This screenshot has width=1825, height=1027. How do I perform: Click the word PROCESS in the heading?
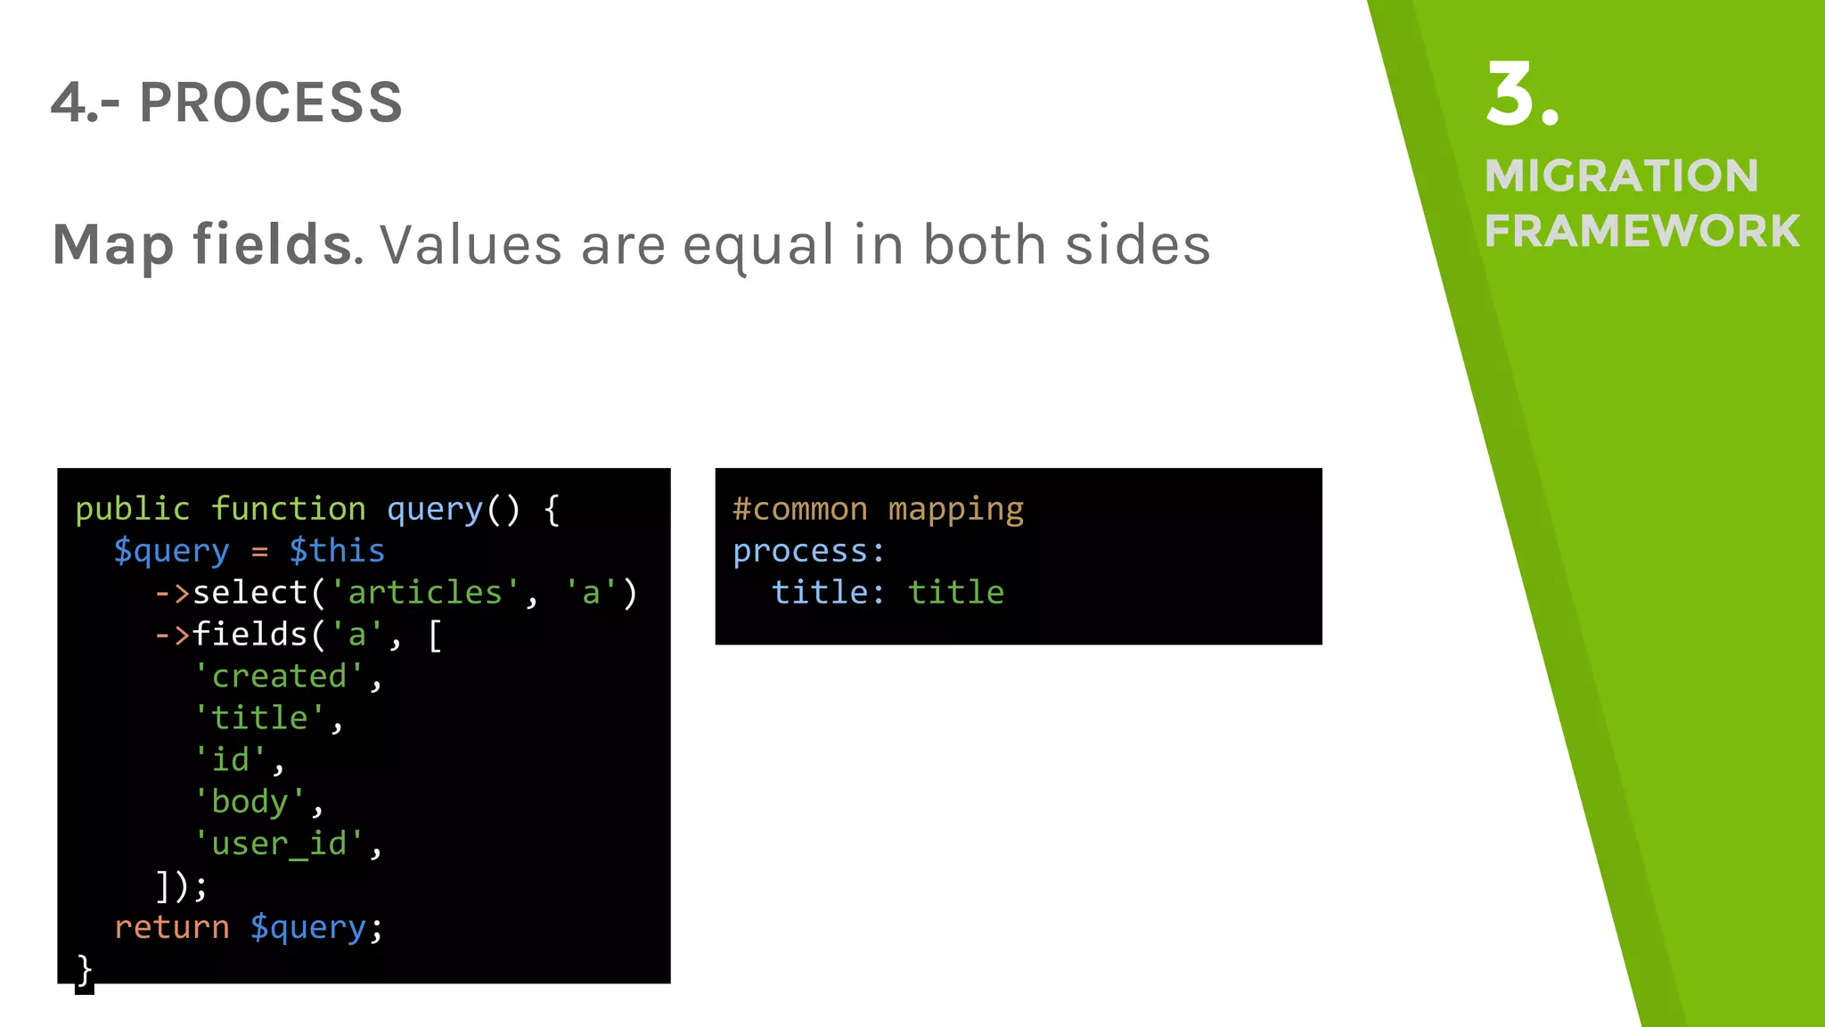271,103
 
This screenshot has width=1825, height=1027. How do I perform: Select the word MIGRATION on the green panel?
1621,176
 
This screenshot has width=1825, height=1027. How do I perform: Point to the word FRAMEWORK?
1641,231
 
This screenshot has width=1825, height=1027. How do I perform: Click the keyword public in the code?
132,509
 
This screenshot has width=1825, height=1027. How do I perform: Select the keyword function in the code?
288,509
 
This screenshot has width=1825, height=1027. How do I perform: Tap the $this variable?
337,551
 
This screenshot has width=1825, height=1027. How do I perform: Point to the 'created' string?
278,677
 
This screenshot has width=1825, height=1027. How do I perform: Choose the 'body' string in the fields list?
250,801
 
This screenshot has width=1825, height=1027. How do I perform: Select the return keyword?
171,927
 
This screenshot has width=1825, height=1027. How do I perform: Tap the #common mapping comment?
878,509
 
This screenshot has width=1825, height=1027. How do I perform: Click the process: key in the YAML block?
808,551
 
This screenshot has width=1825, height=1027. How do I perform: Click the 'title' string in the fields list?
259,718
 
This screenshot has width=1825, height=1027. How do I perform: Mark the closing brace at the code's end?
84,969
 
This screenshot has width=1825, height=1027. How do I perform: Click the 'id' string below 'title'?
230,760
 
